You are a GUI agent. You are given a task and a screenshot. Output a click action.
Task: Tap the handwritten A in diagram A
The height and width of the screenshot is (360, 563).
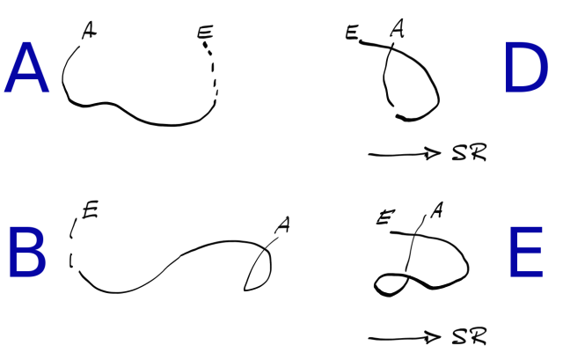click(x=88, y=32)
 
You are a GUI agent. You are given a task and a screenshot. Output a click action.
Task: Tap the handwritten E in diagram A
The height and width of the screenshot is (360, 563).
click(x=204, y=35)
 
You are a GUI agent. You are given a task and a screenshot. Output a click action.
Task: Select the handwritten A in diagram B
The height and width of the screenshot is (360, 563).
click(x=281, y=226)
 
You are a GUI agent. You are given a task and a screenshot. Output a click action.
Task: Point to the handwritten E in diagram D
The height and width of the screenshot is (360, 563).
click(x=352, y=34)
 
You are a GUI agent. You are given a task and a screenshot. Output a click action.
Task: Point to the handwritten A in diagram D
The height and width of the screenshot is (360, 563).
click(x=397, y=30)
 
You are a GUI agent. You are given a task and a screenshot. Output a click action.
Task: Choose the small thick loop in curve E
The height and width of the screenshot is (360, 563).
click(x=390, y=282)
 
